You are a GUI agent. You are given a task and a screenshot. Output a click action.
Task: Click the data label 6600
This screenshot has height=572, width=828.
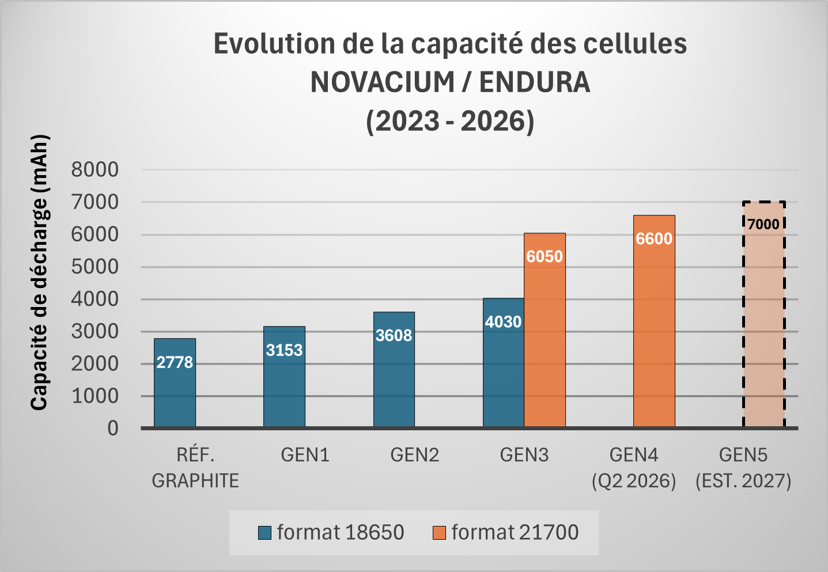pos(654,238)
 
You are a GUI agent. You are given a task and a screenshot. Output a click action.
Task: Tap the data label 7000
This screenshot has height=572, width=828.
pos(763,224)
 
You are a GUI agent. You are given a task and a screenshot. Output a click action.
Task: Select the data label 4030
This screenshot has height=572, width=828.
pos(503,321)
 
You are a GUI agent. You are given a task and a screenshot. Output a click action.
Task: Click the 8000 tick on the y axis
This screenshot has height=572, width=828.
pos(95,169)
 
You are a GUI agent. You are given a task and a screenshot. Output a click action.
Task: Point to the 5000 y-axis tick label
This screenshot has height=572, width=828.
pos(95,267)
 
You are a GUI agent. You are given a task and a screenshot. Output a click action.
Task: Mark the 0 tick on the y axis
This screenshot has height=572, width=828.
pos(113,428)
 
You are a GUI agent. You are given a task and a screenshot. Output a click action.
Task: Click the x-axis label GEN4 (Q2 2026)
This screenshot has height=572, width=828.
pos(634,467)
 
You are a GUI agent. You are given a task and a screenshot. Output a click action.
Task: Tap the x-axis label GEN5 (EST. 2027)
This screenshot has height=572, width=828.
pos(743,467)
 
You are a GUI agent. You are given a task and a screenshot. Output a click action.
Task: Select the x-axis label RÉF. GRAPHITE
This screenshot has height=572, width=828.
pos(195,467)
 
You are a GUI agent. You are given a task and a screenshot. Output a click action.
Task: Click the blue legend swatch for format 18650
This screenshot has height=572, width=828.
pos(265,533)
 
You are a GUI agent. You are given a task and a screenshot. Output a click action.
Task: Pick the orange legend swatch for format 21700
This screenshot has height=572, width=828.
pos(439,533)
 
